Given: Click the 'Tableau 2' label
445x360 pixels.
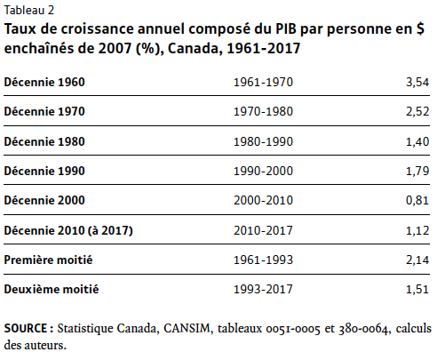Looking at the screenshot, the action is (29, 11).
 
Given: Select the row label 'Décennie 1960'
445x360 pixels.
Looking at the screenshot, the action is (44, 82).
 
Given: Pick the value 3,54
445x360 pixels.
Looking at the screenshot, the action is (417, 83).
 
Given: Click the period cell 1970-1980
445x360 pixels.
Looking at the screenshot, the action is (263, 112).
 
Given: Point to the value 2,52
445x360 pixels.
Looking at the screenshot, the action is (417, 112).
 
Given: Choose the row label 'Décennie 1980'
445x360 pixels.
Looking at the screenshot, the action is (44, 141).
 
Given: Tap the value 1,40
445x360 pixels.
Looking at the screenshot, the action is (417, 142).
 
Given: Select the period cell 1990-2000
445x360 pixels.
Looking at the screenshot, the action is (263, 172).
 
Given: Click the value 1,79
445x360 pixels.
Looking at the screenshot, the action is (417, 172).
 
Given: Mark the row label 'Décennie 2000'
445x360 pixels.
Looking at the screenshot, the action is (44, 200).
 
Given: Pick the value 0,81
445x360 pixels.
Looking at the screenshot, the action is (417, 201).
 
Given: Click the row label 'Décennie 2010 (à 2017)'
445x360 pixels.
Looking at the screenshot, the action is (68, 230).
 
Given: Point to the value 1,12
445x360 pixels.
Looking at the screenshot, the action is (417, 231).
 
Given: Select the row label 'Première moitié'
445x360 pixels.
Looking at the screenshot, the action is (48, 260).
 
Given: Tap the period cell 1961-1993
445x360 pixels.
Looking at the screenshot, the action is (263, 260).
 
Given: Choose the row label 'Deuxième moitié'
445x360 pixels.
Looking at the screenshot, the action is (52, 289).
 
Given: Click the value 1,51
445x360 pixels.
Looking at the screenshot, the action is (417, 290).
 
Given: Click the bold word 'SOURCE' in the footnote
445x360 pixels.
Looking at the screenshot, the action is (26, 328).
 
